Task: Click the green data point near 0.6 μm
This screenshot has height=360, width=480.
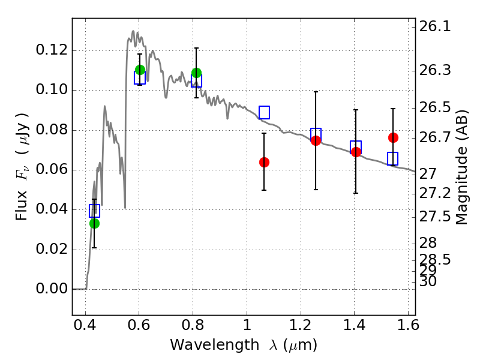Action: tap(140, 70)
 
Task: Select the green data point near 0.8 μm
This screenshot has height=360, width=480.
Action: tap(196, 73)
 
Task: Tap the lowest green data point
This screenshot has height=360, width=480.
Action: tap(94, 223)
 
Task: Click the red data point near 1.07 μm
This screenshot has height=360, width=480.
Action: tap(264, 162)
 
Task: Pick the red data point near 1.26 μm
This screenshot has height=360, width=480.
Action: tap(316, 140)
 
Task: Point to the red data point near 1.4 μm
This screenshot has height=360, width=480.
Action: tap(356, 152)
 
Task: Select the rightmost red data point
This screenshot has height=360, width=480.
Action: tap(393, 137)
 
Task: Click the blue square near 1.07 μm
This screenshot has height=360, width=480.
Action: tap(264, 112)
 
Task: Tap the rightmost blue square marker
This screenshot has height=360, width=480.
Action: tap(393, 158)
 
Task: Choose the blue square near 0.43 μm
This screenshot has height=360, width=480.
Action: tap(94, 211)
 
